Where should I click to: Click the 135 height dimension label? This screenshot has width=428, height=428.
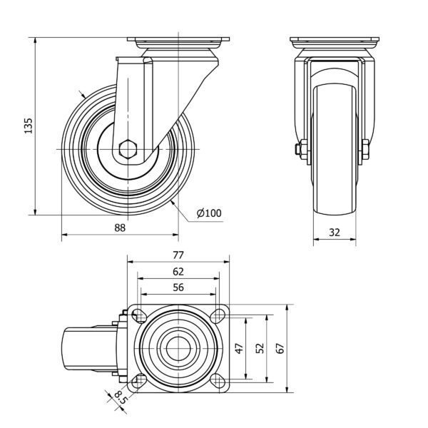tap(29, 126)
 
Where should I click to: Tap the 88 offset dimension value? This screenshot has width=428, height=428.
tap(120, 228)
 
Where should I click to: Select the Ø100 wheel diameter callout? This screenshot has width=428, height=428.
tap(209, 213)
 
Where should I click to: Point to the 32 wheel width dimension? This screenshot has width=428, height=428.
tap(335, 233)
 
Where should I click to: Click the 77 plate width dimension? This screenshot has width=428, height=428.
tap(178, 255)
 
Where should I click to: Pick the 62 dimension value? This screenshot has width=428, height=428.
tap(178, 272)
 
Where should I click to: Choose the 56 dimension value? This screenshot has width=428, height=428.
tap(178, 287)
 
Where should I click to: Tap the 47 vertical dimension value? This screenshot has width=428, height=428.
tap(240, 349)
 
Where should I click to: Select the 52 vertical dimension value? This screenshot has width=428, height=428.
tap(260, 348)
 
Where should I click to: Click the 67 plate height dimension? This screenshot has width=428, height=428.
tap(280, 349)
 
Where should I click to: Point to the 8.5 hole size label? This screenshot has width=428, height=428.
tap(121, 397)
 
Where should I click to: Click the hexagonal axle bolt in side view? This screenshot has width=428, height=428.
tap(128, 149)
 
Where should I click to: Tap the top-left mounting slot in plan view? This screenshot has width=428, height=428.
tap(140, 316)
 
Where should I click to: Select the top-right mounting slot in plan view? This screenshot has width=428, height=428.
tap(218, 316)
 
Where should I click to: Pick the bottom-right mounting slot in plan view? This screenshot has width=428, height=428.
tap(218, 380)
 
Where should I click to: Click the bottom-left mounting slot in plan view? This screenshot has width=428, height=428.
tap(140, 380)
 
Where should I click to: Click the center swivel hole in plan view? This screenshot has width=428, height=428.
tap(178, 349)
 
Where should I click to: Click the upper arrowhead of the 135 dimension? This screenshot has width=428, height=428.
tap(35, 41)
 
